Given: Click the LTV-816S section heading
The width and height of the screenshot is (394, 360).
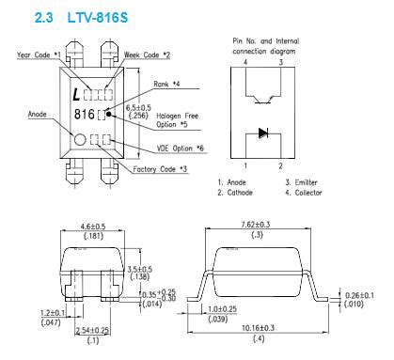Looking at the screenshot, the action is tap(81, 18).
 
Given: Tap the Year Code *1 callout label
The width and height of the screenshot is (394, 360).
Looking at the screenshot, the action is tap(39, 55).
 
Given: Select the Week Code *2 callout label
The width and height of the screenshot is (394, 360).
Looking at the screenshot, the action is tap(147, 55).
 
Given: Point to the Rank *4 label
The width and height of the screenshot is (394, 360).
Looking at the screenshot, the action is tap(166, 84).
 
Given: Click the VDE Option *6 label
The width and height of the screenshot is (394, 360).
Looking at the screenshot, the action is tap(181, 149).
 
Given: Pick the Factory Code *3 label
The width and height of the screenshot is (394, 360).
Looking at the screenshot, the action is tap(160, 169).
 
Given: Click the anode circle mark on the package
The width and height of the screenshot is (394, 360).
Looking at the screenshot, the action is tap(80, 140).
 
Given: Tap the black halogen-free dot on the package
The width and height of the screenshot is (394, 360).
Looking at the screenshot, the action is tap(109, 114).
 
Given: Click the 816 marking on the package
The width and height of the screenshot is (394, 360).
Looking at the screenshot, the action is tap(84, 115).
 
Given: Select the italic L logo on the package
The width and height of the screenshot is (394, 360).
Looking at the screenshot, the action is tap(76, 95).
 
